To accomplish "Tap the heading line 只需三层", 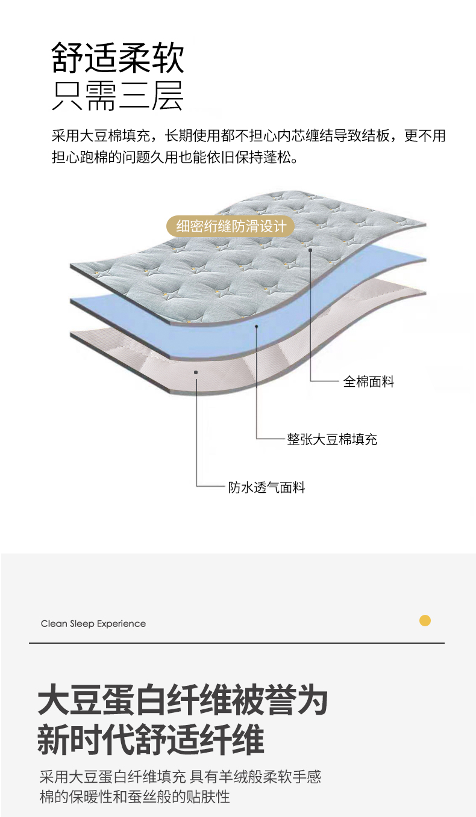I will click(118, 96).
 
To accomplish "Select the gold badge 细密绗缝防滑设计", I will click(230, 227).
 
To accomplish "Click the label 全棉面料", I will click(369, 381).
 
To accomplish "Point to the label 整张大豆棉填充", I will click(332, 439).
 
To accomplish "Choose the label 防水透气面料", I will click(266, 487).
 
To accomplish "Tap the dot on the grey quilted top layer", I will click(310, 250).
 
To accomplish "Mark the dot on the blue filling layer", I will click(257, 327).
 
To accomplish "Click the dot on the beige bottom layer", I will click(196, 373).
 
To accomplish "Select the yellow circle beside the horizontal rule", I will click(425, 621).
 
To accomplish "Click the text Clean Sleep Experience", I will click(93, 624).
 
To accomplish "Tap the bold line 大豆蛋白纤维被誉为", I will click(183, 701).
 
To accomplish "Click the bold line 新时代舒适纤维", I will click(151, 741).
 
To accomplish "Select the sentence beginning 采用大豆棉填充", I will click(248, 136).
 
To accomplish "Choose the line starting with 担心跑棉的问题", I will click(175, 158).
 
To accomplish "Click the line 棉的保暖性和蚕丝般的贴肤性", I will click(135, 797).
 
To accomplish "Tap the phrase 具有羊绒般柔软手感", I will click(255, 777).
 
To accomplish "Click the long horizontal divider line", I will click(237, 643).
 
